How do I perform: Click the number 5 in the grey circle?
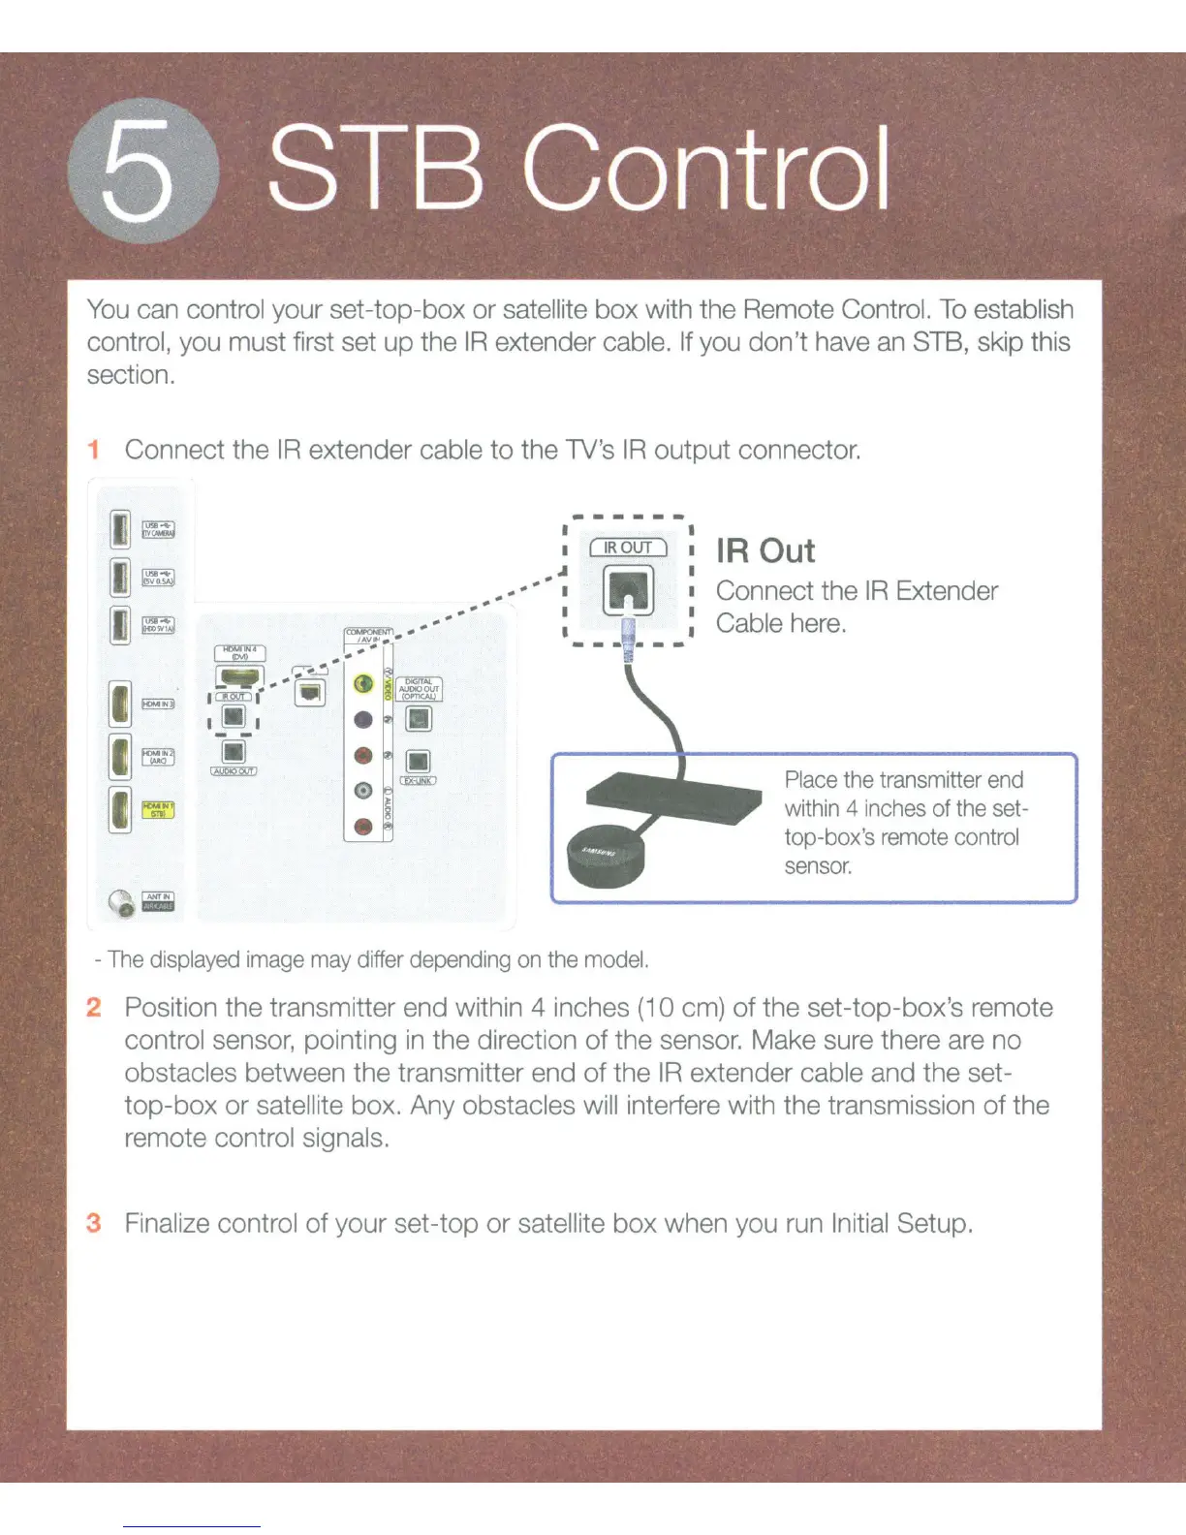(141, 172)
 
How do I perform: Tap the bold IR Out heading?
(765, 550)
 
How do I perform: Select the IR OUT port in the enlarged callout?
(629, 589)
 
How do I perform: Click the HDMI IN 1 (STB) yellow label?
(158, 809)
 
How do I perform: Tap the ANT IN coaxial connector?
(122, 903)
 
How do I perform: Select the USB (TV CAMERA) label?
(158, 529)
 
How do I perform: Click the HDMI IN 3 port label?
(158, 704)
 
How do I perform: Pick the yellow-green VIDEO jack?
(363, 684)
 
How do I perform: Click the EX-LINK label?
(418, 780)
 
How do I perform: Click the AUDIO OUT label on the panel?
(234, 771)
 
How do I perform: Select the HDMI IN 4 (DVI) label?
(239, 653)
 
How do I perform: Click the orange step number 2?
(94, 1007)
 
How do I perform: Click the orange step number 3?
(94, 1223)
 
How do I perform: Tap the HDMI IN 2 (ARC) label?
(158, 757)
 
